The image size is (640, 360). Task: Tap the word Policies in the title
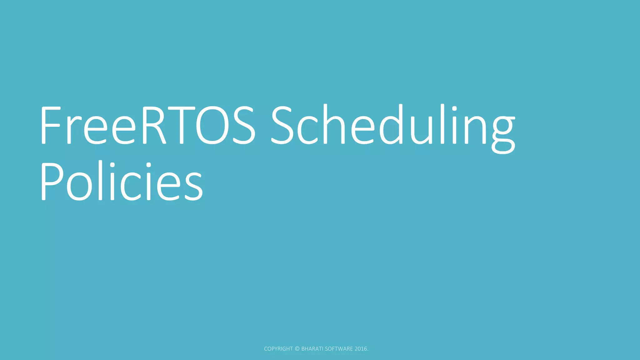[x=122, y=181]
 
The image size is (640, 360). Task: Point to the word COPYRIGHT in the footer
[x=278, y=349]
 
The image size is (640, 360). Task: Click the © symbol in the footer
[x=297, y=349]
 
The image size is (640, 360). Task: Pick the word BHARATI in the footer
[x=312, y=349]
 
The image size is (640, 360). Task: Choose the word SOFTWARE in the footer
[x=339, y=349]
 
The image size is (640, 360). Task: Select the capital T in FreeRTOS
[x=181, y=125]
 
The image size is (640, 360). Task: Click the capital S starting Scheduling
[x=281, y=125]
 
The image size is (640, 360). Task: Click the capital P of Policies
[x=51, y=181]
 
